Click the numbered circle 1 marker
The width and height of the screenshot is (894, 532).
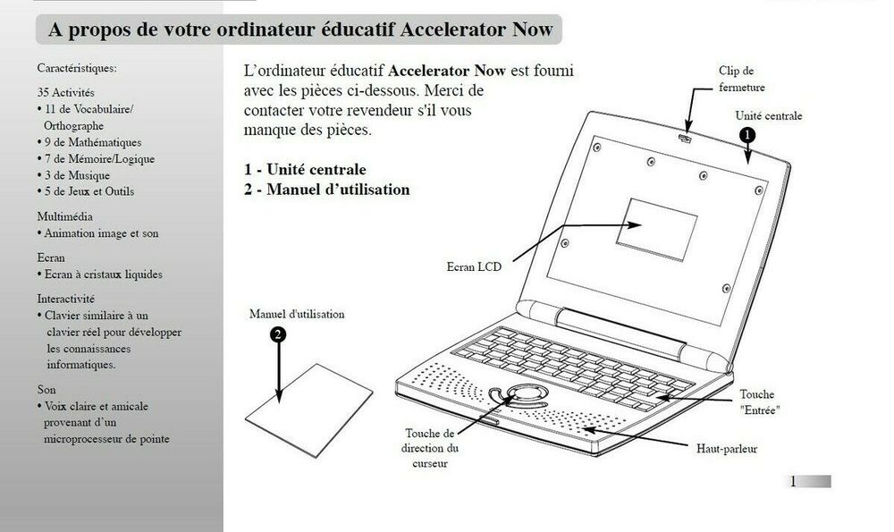[x=746, y=135]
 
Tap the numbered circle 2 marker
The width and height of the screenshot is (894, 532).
[x=278, y=334]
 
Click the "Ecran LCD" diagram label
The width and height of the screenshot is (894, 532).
[x=474, y=266]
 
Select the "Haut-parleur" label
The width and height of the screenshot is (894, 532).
[x=727, y=449]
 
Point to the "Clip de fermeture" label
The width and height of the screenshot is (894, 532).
[x=742, y=79]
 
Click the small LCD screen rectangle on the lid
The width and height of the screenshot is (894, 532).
[x=656, y=229]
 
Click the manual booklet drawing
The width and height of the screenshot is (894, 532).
[x=308, y=410]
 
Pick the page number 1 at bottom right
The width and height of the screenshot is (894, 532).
[x=792, y=482]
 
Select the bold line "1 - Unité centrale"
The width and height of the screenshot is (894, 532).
[x=305, y=169]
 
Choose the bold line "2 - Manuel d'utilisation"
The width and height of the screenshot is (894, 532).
[x=326, y=190]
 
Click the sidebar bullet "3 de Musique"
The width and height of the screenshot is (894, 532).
[x=73, y=175]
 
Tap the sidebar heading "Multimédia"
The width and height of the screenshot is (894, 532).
[x=65, y=216]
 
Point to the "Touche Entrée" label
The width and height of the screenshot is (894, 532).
[x=759, y=402]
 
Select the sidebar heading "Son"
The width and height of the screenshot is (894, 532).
[x=46, y=390]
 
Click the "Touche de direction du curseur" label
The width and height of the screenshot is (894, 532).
[x=430, y=448]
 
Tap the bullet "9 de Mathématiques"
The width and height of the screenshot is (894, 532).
[x=89, y=142]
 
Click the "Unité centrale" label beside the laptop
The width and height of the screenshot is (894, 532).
[x=769, y=115]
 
